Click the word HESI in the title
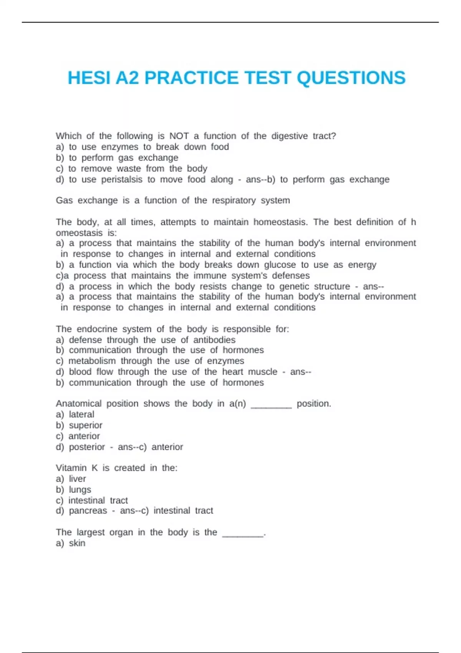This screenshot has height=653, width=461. click(x=89, y=78)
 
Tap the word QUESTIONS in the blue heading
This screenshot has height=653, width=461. click(x=351, y=78)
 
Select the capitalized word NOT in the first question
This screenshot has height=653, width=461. click(x=179, y=136)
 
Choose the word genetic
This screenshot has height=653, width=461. click(x=294, y=287)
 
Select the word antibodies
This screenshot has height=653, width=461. click(x=214, y=340)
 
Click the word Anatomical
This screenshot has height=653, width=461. click(x=78, y=404)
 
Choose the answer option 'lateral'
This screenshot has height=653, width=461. click(x=81, y=414)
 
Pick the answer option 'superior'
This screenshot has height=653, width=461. click(x=86, y=425)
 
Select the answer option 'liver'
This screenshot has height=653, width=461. click(x=77, y=479)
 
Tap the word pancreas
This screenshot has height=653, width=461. click(x=88, y=511)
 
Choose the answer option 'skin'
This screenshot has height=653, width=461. click(x=77, y=543)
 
